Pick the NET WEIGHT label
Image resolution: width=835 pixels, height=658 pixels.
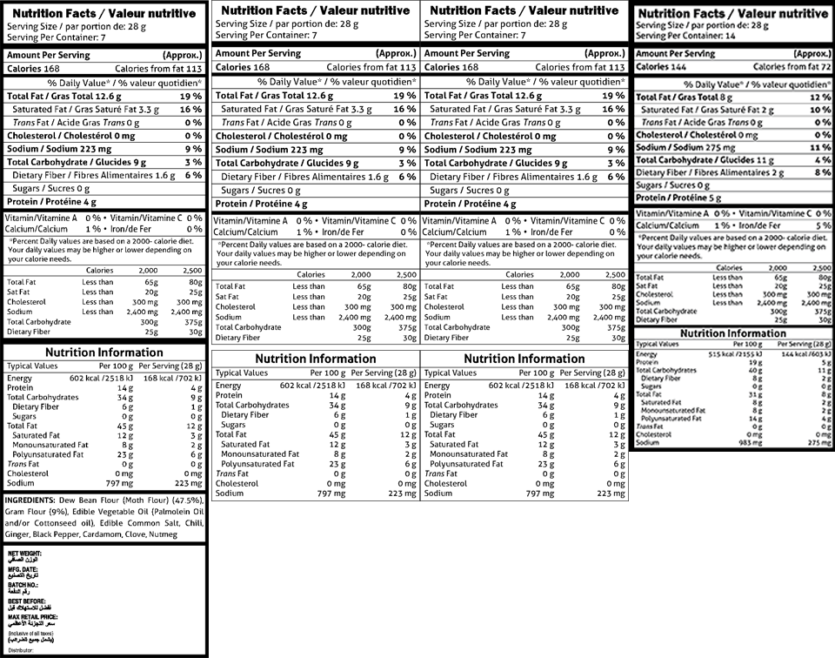(x=24, y=553)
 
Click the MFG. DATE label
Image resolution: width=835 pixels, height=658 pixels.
(x=23, y=569)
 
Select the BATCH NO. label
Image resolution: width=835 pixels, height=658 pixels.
(x=24, y=585)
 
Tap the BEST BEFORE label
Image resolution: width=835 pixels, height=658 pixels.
(x=26, y=601)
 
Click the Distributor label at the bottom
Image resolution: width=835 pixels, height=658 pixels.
(x=21, y=650)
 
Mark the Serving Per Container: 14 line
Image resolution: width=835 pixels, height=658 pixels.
(x=687, y=36)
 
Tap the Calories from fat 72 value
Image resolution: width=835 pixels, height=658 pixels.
(x=792, y=67)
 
